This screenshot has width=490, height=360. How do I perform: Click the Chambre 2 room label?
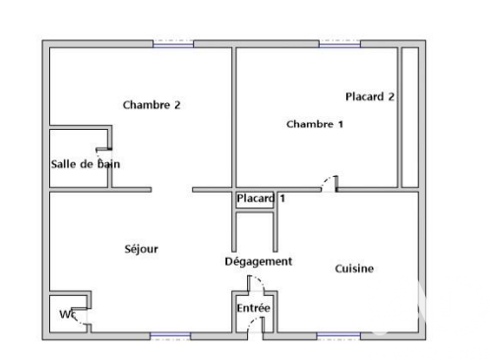[x=151, y=104]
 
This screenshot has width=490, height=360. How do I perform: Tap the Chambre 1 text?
[x=315, y=124]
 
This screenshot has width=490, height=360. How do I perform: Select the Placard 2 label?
[x=370, y=96]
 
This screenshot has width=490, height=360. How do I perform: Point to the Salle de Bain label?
[x=86, y=164]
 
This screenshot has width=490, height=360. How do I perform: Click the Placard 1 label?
[x=261, y=199]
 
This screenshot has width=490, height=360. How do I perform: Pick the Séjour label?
[x=141, y=249]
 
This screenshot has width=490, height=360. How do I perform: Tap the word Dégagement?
[x=259, y=261]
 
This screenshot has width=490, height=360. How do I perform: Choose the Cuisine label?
[x=354, y=269]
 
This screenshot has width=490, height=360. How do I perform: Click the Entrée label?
[x=253, y=308]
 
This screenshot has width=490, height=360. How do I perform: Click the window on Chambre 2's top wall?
[x=173, y=43]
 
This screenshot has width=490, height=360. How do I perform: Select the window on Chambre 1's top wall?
[x=339, y=43]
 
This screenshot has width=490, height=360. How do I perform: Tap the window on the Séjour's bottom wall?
[x=169, y=335]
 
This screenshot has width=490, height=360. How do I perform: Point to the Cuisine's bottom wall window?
[x=338, y=335]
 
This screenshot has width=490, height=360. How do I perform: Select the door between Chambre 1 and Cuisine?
[x=330, y=185]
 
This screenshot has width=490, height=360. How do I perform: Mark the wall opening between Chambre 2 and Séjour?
[x=171, y=190]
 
